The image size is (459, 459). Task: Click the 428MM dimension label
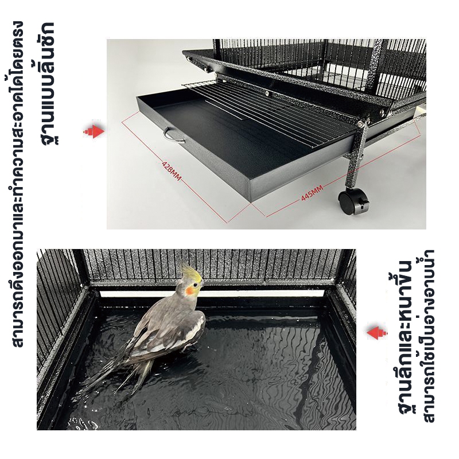pos(172,170)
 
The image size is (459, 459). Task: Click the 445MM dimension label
pos(312,193)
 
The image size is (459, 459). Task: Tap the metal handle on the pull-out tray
pos(173,136)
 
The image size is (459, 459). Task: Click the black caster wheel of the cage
pos(353,201)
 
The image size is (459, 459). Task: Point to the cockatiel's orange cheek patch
pos(190,290)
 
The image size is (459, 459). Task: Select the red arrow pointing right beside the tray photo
pos(94,131)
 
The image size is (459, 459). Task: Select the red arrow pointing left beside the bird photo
pos(377,333)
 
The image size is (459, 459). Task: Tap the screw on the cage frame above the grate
pos(267,93)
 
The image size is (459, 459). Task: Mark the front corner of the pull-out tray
pos(251,201)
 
